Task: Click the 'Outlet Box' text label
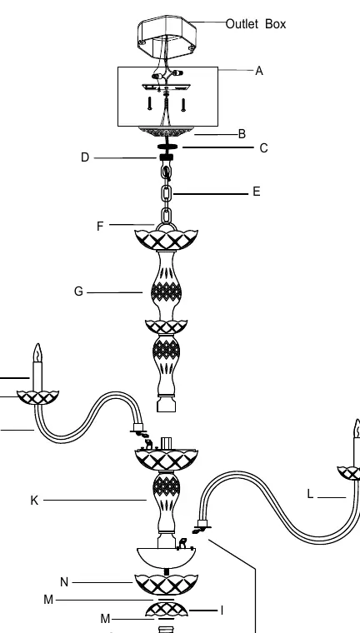click(x=255, y=24)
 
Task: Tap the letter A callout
click(x=259, y=71)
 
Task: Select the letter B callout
click(x=242, y=134)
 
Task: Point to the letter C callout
click(x=263, y=148)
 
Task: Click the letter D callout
click(x=85, y=157)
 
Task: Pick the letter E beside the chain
click(x=257, y=192)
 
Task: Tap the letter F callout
click(x=100, y=227)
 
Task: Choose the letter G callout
click(x=79, y=291)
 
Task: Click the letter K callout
click(x=34, y=501)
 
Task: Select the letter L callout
click(x=310, y=494)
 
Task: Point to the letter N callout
click(x=64, y=582)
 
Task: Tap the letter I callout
click(x=222, y=611)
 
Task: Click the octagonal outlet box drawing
click(x=167, y=37)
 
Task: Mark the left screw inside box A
click(x=150, y=103)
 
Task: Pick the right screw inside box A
click(x=183, y=105)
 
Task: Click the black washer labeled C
click(x=167, y=147)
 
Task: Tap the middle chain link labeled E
click(x=167, y=194)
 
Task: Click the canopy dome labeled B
click(x=166, y=132)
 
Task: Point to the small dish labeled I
click(x=167, y=610)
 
